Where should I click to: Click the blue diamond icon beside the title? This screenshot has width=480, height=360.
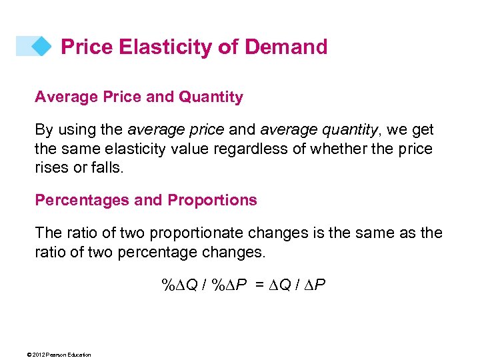pyautogui.click(x=41, y=46)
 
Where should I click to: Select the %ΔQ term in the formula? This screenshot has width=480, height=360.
pyautogui.click(x=179, y=285)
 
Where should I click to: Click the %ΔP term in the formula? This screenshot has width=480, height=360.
pyautogui.click(x=229, y=285)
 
